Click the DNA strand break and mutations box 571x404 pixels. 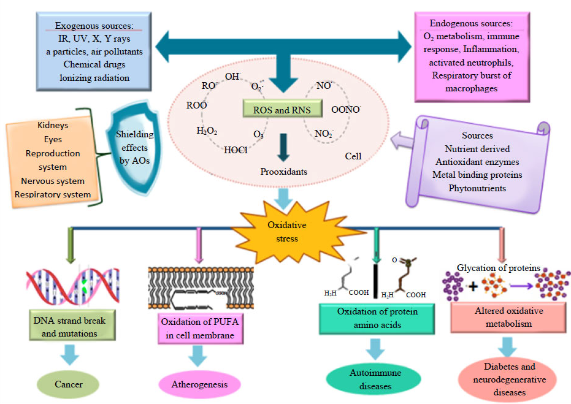point(69,327)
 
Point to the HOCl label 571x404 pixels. point(236,150)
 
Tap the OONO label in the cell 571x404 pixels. point(346,109)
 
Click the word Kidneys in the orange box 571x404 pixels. point(53,126)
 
